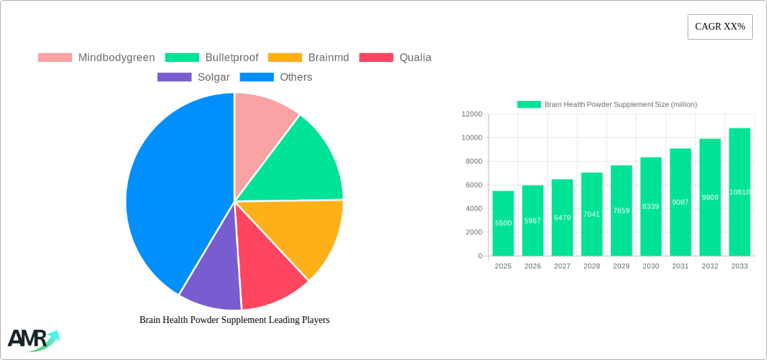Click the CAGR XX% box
pyautogui.click(x=720, y=27)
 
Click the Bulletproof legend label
pyautogui.click(x=231, y=58)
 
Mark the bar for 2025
pyautogui.click(x=503, y=223)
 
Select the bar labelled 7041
pyautogui.click(x=591, y=214)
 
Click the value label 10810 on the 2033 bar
pyautogui.click(x=739, y=192)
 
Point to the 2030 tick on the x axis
pyautogui.click(x=651, y=266)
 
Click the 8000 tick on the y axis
pyautogui.click(x=473, y=161)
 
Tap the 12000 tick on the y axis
pyautogui.click(x=472, y=114)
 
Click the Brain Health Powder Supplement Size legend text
pyautogui.click(x=620, y=104)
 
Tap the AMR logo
pyautogui.click(x=32, y=339)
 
